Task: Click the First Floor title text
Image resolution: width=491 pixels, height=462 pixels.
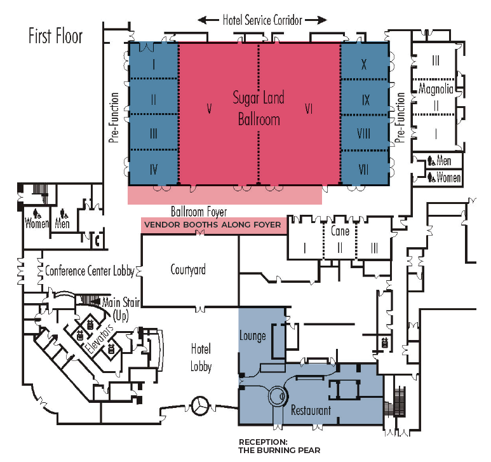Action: (x=55, y=36)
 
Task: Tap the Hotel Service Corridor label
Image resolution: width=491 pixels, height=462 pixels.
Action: (x=262, y=20)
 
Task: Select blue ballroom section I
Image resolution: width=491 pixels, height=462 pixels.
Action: (x=154, y=64)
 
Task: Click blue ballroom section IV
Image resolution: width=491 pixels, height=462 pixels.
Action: (x=154, y=169)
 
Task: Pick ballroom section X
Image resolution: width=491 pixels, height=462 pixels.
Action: (x=364, y=64)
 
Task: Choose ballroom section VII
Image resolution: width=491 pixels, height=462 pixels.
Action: (x=365, y=170)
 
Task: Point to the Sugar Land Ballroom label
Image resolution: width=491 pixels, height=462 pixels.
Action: (x=258, y=108)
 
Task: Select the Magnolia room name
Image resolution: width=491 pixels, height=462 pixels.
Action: (x=436, y=90)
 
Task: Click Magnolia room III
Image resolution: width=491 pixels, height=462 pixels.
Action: (x=436, y=61)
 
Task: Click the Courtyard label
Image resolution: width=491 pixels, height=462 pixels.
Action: (x=188, y=269)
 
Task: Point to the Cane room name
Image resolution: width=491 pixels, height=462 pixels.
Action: (x=340, y=231)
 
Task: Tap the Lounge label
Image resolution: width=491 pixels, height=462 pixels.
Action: (x=253, y=336)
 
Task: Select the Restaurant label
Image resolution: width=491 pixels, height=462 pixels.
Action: (x=311, y=411)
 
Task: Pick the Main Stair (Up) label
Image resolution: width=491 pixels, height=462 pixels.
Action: (x=121, y=308)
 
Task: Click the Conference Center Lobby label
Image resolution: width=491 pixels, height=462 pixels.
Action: (x=90, y=271)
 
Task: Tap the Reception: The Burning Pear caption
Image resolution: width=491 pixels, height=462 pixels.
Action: (x=279, y=446)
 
